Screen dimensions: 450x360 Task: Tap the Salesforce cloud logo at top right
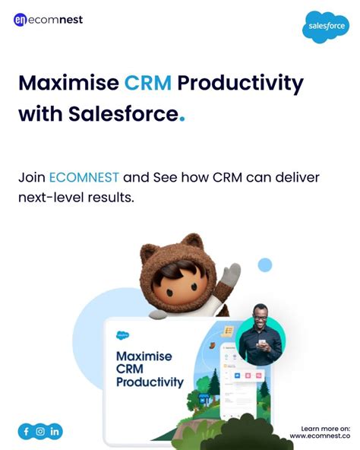326,27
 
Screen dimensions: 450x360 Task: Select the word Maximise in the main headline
68,82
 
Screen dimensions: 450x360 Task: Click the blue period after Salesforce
182,120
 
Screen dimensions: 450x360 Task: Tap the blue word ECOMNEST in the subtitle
84,178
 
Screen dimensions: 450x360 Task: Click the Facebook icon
26,432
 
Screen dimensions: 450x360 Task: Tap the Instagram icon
40,432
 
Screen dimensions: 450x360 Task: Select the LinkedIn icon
55,432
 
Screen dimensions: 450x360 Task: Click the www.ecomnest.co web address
324,436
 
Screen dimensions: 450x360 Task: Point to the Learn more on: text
325,428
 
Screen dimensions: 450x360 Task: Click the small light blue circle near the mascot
265,265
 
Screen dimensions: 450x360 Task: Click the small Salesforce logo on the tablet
122,334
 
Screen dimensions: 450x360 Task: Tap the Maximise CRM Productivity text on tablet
149,369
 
